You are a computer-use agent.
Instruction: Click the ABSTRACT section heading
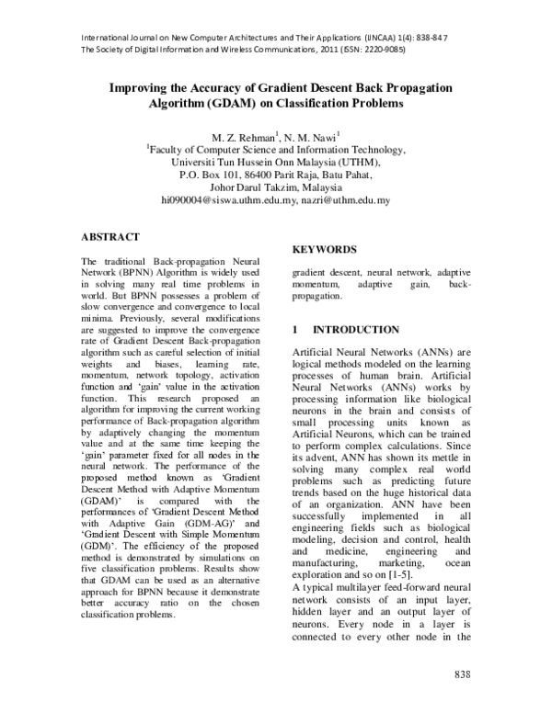[x=110, y=236]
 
